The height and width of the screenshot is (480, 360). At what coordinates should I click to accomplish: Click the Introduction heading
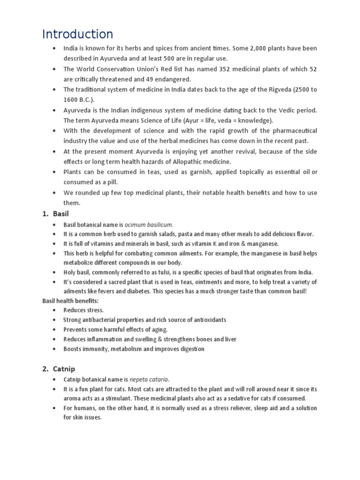pyautogui.click(x=77, y=34)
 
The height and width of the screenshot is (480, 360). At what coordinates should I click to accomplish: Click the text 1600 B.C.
pyautogui.click(x=78, y=99)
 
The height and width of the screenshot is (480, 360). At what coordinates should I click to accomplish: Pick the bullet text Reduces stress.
pyautogui.click(x=84, y=310)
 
